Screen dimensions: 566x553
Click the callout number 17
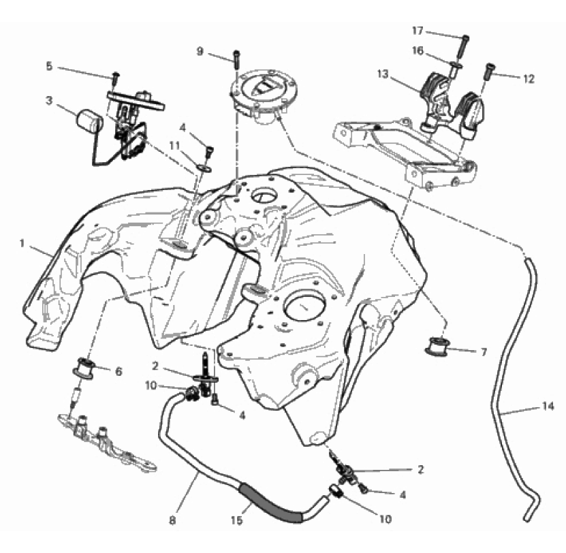pos(418,31)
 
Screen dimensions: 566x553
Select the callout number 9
pos(200,52)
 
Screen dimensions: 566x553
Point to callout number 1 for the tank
pos(22,244)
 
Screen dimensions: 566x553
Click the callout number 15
pos(237,520)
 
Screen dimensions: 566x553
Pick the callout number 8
pos(172,520)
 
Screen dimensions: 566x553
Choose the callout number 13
pos(383,74)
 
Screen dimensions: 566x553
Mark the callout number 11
pos(175,146)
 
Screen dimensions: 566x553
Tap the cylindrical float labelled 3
pos(89,118)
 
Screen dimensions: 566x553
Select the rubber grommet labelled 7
pos(437,345)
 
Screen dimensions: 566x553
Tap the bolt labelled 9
pos(236,59)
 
